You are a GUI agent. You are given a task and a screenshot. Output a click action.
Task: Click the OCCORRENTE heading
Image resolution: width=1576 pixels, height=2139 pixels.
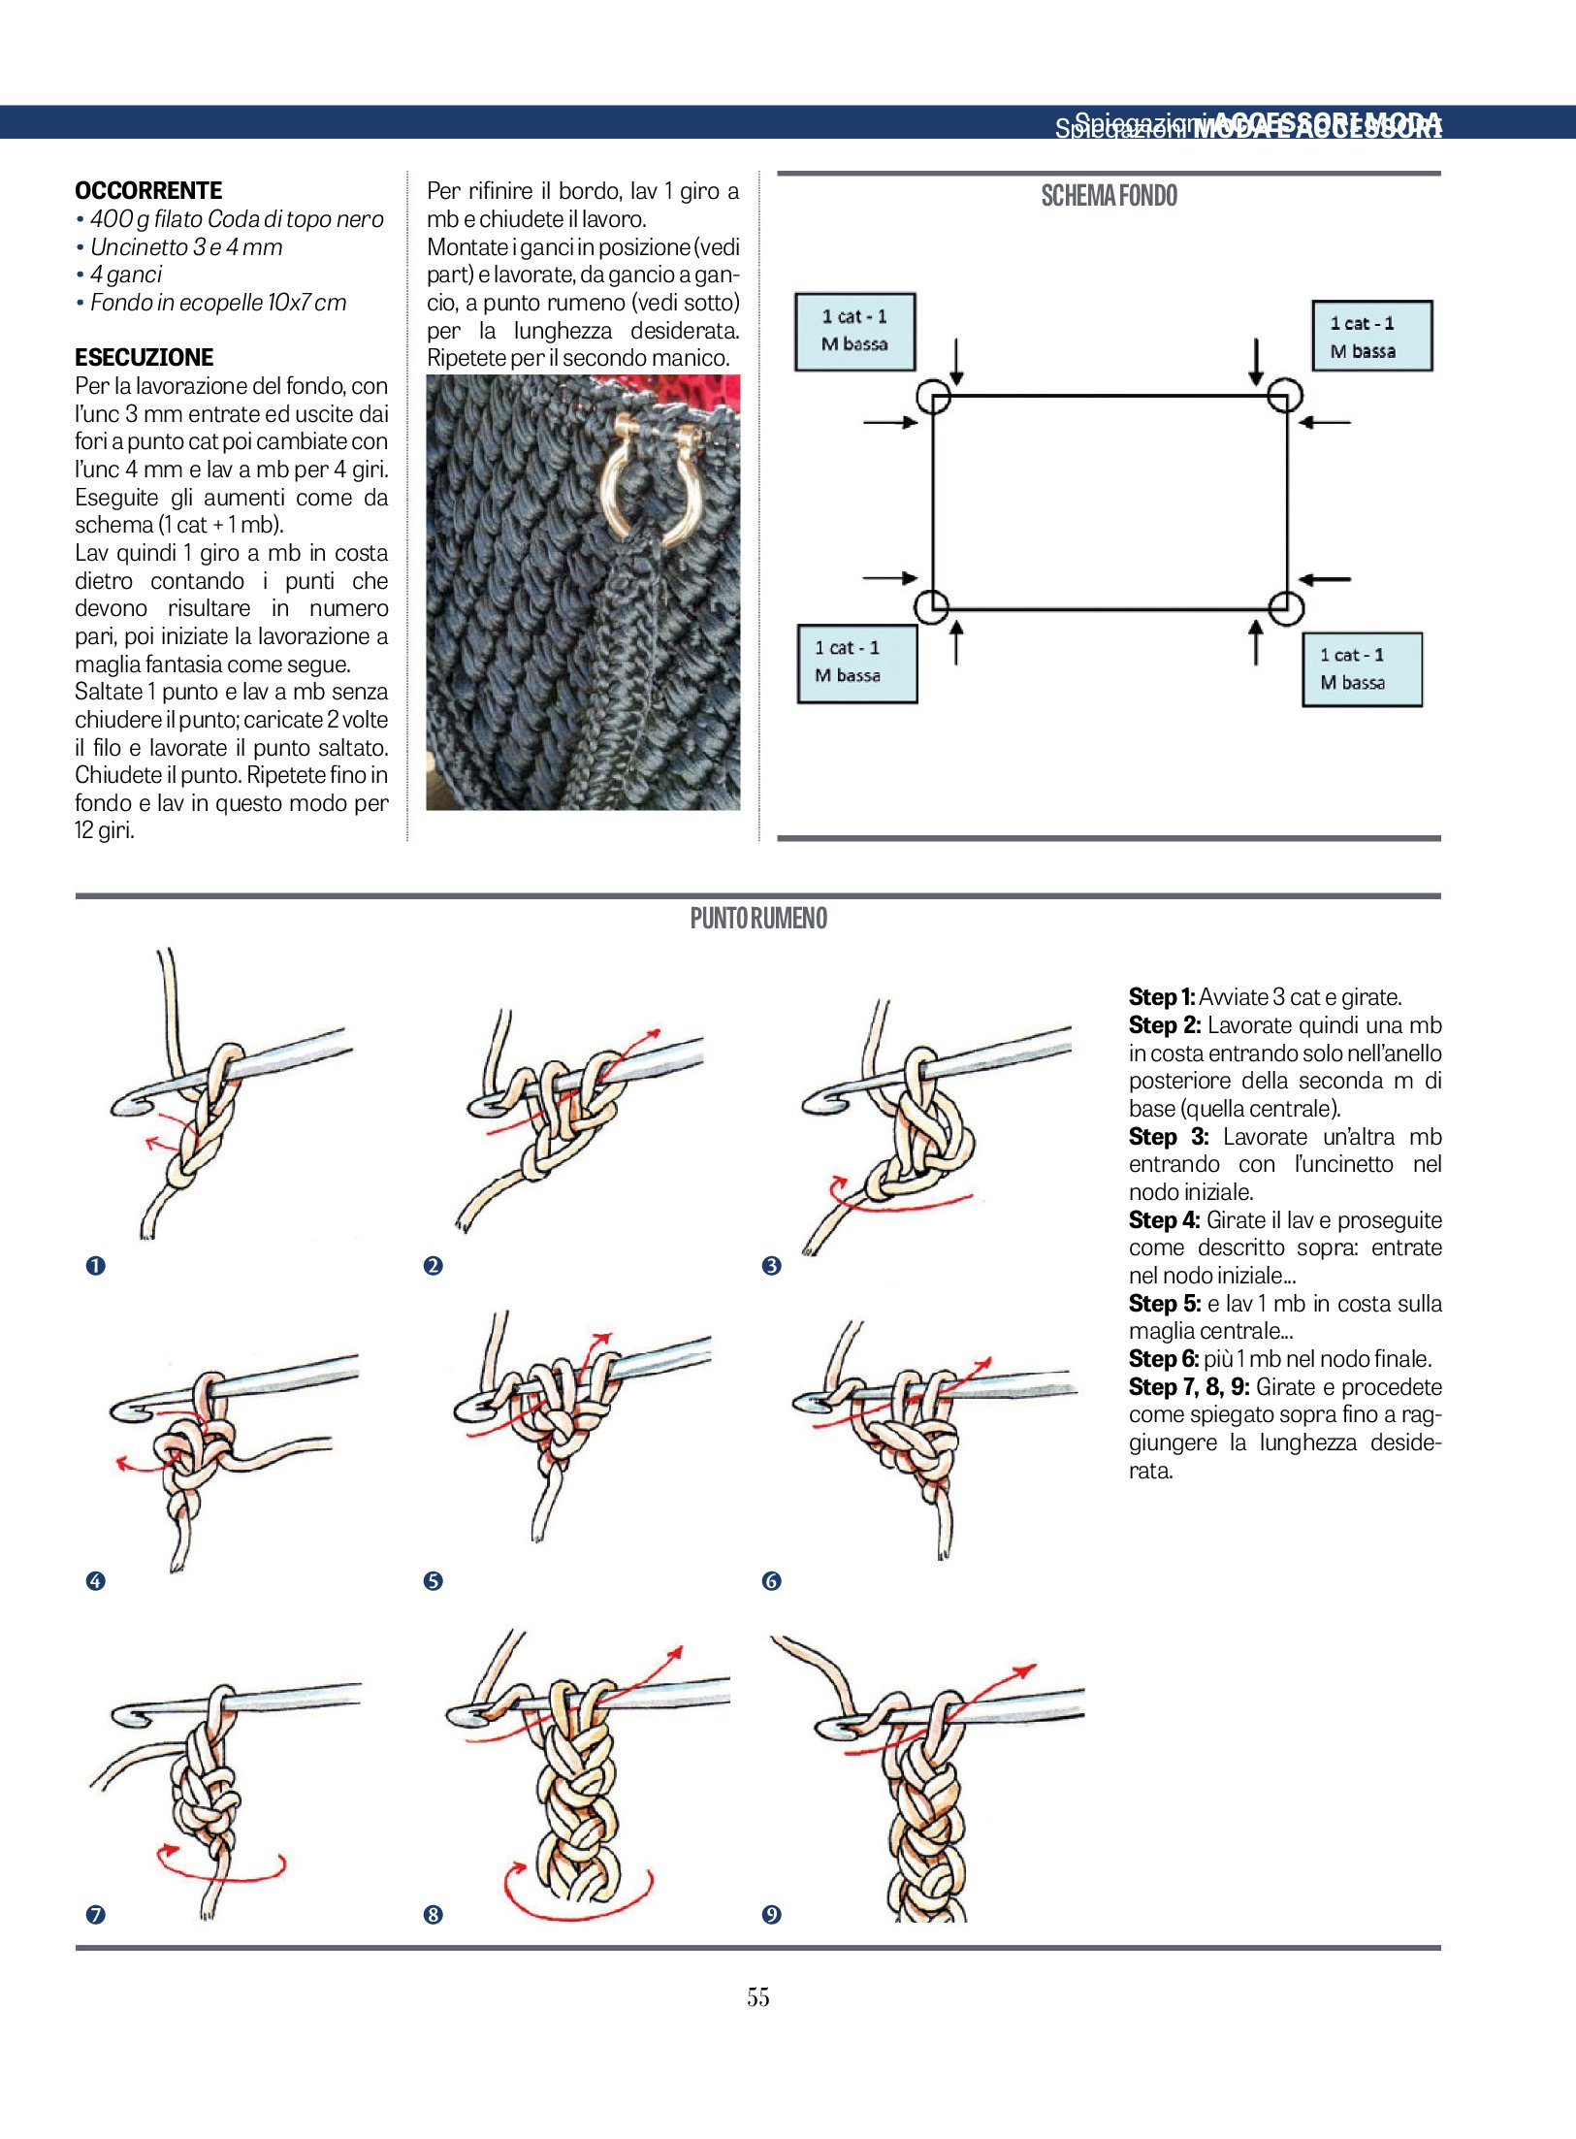pyautogui.click(x=148, y=190)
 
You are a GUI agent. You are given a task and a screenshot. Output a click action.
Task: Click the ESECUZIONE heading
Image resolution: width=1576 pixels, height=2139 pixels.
pyautogui.click(x=144, y=357)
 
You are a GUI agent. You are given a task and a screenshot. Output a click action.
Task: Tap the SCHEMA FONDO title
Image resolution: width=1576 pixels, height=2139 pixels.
pyautogui.click(x=1109, y=196)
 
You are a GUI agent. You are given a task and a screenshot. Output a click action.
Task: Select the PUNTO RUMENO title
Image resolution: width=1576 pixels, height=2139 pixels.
pyautogui.click(x=758, y=919)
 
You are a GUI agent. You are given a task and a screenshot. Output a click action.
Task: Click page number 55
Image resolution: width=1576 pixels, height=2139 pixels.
pyautogui.click(x=758, y=1996)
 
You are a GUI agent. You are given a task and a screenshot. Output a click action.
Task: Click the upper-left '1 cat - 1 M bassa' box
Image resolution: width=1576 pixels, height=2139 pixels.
pyautogui.click(x=854, y=331)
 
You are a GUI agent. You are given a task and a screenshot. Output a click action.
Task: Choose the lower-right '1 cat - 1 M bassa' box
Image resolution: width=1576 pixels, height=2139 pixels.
pyautogui.click(x=1362, y=669)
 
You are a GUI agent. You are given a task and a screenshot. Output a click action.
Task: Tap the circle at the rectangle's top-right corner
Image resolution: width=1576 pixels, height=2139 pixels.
pyautogui.click(x=1285, y=396)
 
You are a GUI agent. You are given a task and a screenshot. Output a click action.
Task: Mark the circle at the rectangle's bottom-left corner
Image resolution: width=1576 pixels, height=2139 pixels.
pyautogui.click(x=933, y=607)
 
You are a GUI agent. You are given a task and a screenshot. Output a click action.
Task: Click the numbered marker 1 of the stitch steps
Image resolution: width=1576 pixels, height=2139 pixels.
pyautogui.click(x=95, y=1265)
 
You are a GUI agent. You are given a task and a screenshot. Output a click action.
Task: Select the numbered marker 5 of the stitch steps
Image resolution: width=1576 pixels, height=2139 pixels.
pyautogui.click(x=433, y=1581)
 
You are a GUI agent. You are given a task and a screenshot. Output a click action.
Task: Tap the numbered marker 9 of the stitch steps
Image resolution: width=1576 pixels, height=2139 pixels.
pyautogui.click(x=771, y=1914)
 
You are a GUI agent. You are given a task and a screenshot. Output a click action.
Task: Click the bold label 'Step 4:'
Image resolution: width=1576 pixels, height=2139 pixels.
pyautogui.click(x=1164, y=1220)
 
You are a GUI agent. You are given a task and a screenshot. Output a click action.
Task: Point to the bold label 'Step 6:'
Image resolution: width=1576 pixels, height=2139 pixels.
pyautogui.click(x=1164, y=1359)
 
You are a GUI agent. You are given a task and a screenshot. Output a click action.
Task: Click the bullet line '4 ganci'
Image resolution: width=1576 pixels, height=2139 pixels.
pyautogui.click(x=126, y=275)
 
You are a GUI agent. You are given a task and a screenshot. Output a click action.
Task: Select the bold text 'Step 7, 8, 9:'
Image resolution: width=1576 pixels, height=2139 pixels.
pyautogui.click(x=1188, y=1387)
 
